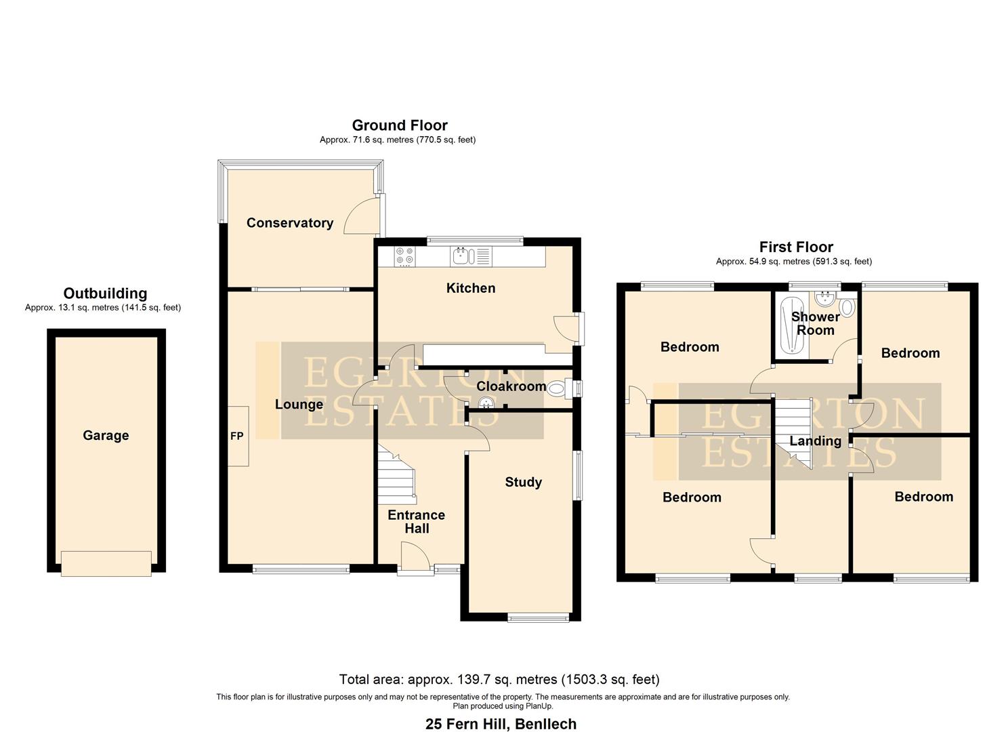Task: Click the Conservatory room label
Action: tap(289, 223)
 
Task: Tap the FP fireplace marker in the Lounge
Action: tap(236, 436)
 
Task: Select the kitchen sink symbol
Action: tap(463, 256)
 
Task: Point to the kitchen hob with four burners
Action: tap(405, 256)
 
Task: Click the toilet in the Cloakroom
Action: tap(558, 388)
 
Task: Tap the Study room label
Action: tap(523, 482)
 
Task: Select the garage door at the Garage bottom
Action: tap(106, 563)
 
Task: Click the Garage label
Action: tap(106, 436)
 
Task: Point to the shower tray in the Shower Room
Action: tap(790, 325)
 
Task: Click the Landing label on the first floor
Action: tap(815, 441)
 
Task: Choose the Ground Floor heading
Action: tap(399, 125)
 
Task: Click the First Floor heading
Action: tap(796, 247)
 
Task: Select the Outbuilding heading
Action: tap(105, 293)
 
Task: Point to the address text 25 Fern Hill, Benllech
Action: tap(501, 724)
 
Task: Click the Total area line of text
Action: tap(499, 679)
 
